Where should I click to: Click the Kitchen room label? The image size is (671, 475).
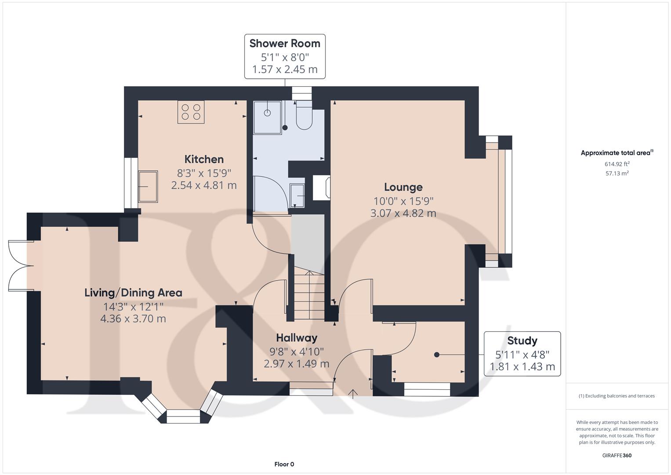tap(204, 159)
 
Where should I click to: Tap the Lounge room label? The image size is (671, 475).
tap(403, 187)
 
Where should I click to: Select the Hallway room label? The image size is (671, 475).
tap(297, 338)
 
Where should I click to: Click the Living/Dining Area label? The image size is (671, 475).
tap(133, 292)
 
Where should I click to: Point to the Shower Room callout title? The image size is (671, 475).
tap(285, 44)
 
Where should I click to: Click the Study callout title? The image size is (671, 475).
tap(522, 340)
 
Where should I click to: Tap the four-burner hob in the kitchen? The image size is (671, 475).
tap(191, 112)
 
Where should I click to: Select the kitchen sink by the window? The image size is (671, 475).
tap(148, 186)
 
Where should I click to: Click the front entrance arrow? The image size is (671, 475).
tap(353, 393)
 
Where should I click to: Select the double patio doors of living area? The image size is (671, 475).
tap(21, 266)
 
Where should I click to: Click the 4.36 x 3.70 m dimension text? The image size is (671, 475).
tap(133, 318)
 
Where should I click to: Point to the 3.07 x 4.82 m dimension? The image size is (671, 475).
tap(403, 213)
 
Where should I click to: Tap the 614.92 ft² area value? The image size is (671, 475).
tap(617, 164)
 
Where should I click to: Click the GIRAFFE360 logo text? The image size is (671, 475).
tap(617, 455)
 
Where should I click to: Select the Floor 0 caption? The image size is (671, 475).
tap(284, 464)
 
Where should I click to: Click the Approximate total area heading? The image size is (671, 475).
tap(616, 153)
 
